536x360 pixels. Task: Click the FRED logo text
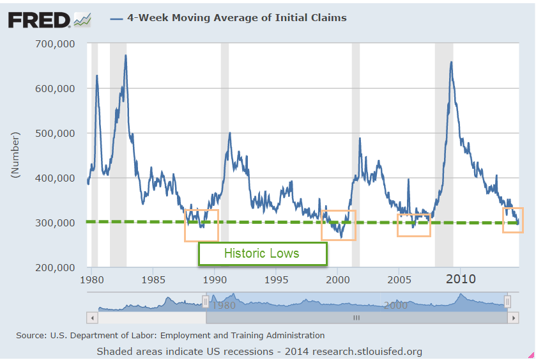pyautogui.click(x=38, y=20)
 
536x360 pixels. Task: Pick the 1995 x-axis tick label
pyautogui.click(x=276, y=279)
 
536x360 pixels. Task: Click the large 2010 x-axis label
pyautogui.click(x=461, y=279)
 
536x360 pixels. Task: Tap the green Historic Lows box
pyautogui.click(x=262, y=253)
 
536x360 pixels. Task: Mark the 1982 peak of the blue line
pyautogui.click(x=126, y=56)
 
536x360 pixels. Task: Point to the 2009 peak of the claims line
pyautogui.click(x=452, y=62)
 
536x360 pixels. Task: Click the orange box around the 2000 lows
pyautogui.click(x=338, y=225)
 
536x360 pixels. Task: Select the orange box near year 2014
pyautogui.click(x=512, y=220)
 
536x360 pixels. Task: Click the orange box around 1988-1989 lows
pyautogui.click(x=201, y=225)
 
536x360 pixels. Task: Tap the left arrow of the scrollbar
pyautogui.click(x=92, y=317)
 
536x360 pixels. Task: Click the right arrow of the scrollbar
pyautogui.click(x=512, y=317)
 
